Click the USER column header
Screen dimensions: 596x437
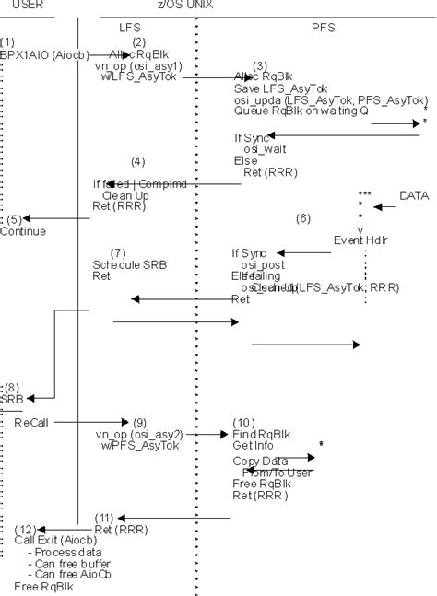[26, 4]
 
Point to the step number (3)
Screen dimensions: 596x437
[260, 65]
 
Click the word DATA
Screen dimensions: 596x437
[415, 196]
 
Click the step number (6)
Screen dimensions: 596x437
[302, 218]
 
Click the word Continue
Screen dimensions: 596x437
[23, 231]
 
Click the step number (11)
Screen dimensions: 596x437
[106, 518]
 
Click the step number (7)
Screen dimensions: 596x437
[118, 252]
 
